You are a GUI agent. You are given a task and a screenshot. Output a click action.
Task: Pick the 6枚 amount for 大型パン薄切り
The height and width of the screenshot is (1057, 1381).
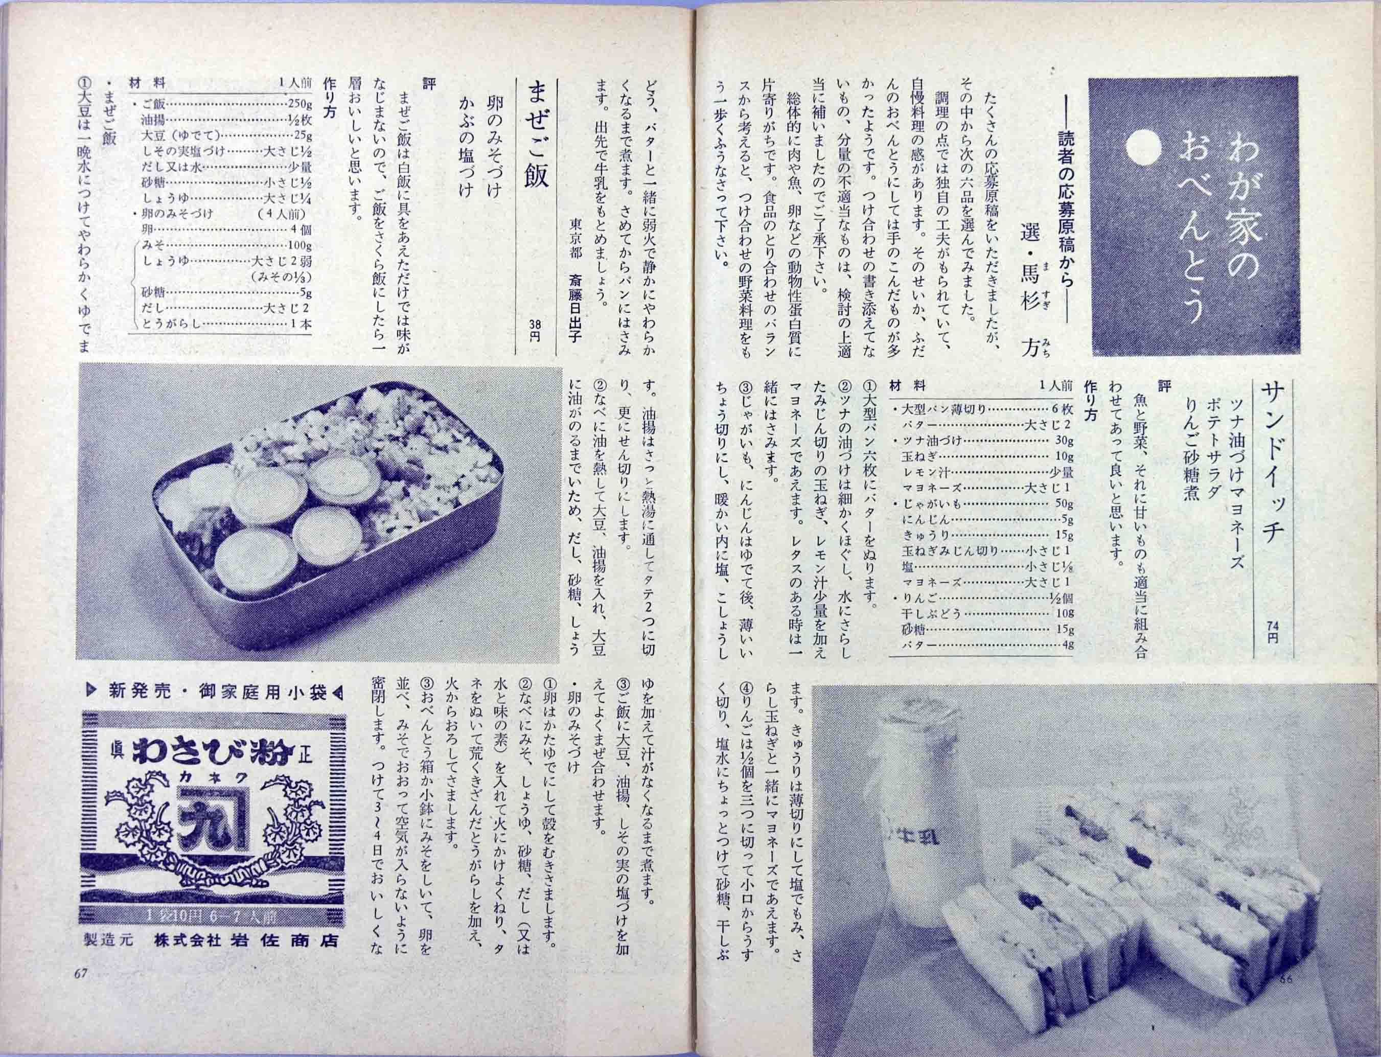pos(1060,409)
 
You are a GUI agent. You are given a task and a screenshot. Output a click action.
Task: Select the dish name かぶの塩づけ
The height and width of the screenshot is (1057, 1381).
pos(466,158)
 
